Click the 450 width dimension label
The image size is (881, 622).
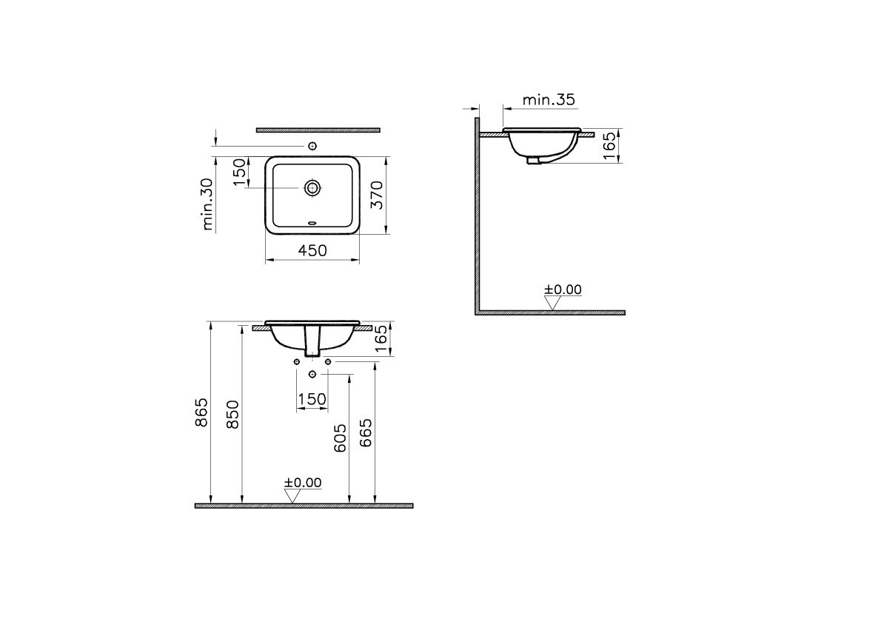(x=312, y=250)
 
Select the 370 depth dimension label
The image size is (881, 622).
(x=377, y=195)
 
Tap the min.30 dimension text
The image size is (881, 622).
(x=207, y=204)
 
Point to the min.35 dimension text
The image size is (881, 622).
(x=549, y=100)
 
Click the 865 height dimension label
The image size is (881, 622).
(x=201, y=412)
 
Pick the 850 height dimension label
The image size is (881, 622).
(x=232, y=414)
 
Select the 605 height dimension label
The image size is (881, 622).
(x=340, y=438)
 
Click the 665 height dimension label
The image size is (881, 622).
(x=366, y=432)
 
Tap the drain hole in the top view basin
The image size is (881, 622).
(x=312, y=187)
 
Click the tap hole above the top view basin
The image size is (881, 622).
(x=312, y=146)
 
